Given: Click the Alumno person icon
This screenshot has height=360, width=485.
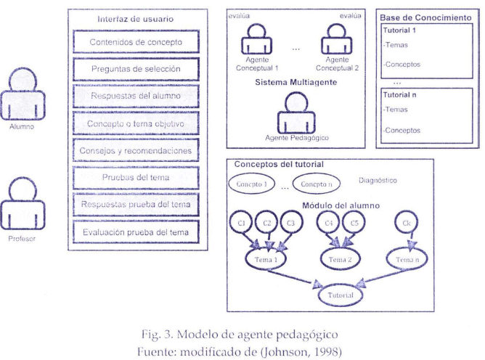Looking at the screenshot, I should point(23,94).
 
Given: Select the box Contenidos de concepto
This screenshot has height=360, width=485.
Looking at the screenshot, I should point(136,42).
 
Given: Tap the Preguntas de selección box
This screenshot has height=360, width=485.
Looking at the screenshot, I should point(136,70).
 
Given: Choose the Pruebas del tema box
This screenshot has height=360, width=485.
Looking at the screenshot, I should point(136,178).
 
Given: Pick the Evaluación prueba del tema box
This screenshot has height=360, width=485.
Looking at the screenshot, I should point(136,232).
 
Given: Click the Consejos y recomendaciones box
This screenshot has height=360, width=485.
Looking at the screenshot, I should point(136,151).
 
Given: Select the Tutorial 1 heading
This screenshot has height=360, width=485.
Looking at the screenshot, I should point(399,30).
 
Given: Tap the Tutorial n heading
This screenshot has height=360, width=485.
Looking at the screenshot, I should point(399,94).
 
